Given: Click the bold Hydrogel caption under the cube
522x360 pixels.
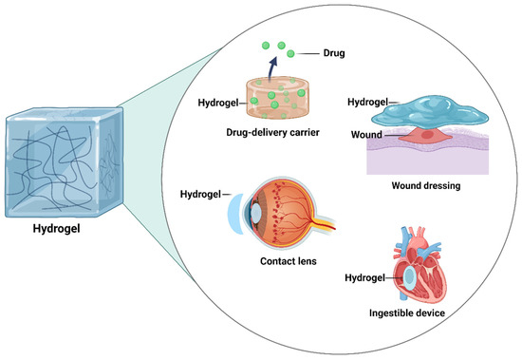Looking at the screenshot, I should pos(63,227).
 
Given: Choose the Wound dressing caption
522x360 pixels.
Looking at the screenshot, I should pos(428,186).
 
